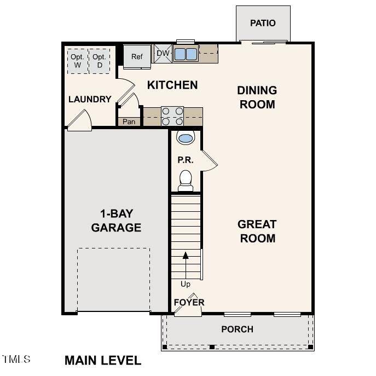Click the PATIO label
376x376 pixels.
coord(263,23)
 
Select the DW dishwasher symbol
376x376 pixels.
coord(163,53)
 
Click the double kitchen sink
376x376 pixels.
coord(186,54)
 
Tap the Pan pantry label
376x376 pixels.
coord(129,122)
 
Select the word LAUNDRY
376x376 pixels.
coord(90,99)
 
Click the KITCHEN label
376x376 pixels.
coord(172,85)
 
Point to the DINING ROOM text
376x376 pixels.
coord(257,97)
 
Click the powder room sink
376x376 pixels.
coord(186,138)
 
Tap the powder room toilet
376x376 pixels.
coord(186,180)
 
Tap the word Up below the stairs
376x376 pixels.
coord(186,284)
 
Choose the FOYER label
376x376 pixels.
coord(189,302)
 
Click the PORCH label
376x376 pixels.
coord(237,329)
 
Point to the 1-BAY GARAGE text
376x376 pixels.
coord(116,220)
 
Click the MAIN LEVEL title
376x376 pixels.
coord(103,360)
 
